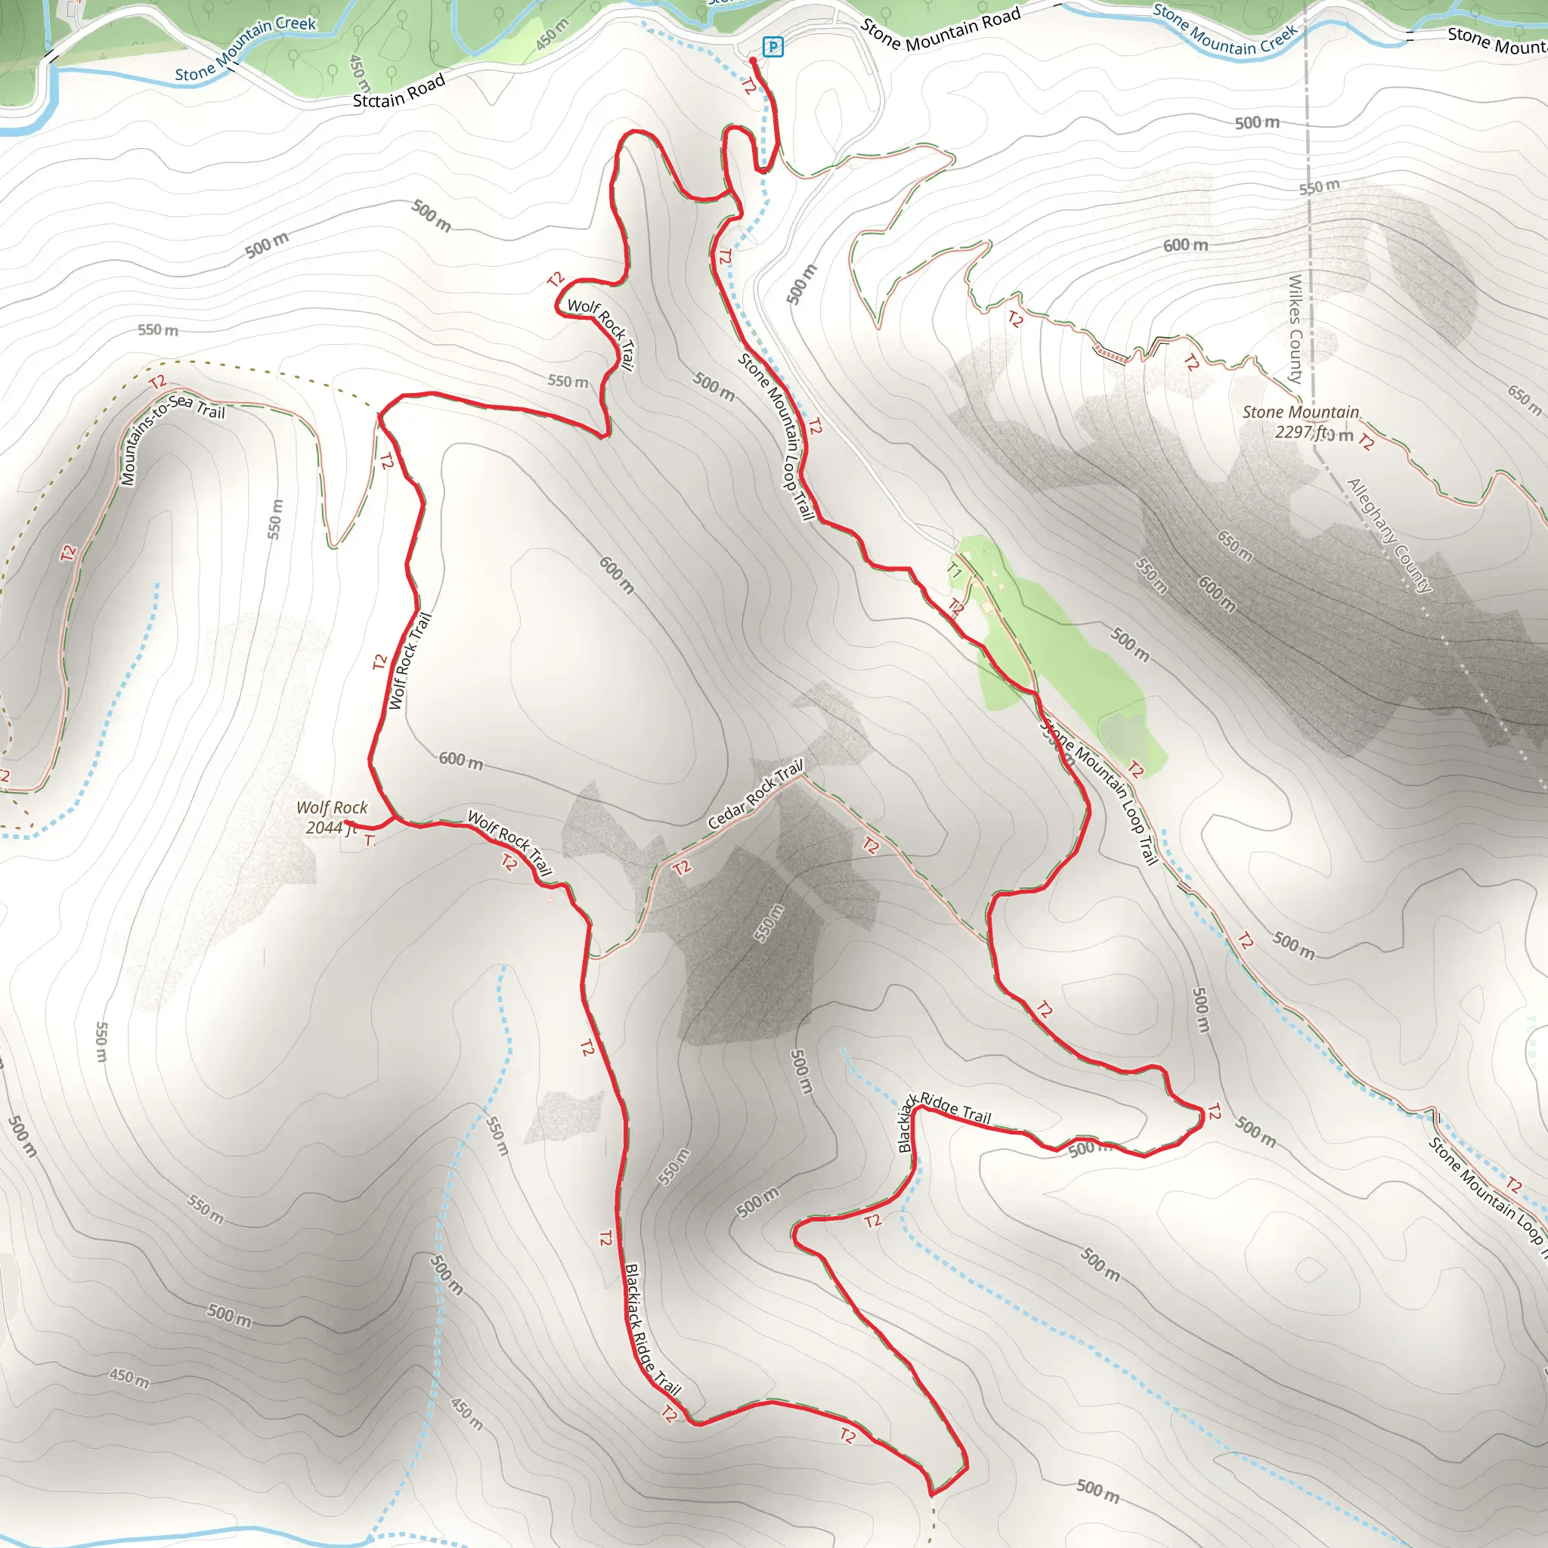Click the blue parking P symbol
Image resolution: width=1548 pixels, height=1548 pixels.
click(x=772, y=48)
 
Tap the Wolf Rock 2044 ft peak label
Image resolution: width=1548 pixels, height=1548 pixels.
click(x=332, y=817)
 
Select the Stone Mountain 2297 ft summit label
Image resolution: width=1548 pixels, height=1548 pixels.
click(x=1300, y=422)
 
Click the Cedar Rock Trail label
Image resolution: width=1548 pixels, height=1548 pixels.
click(x=755, y=795)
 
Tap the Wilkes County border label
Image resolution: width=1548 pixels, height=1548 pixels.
click(x=1295, y=329)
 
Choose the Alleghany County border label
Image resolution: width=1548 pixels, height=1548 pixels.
click(x=1389, y=534)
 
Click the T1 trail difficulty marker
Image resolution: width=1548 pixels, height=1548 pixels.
click(x=953, y=571)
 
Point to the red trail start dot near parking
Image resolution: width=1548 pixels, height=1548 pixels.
click(x=753, y=61)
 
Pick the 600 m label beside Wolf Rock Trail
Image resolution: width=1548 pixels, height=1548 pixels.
click(x=461, y=760)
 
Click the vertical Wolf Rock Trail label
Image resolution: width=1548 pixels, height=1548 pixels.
click(x=410, y=661)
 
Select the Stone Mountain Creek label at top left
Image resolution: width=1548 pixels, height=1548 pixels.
click(x=245, y=48)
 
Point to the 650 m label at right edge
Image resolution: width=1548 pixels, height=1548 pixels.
click(x=1524, y=400)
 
